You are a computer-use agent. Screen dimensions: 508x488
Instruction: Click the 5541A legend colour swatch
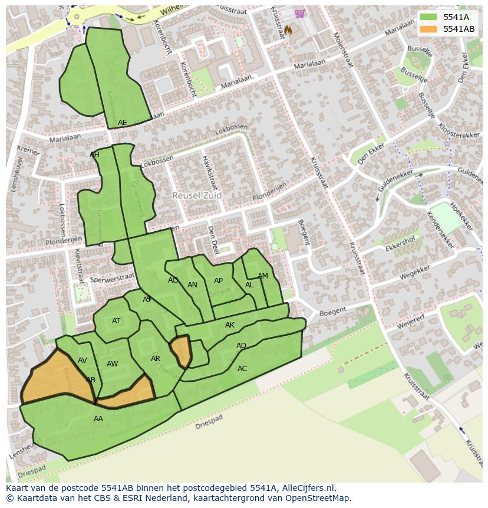pyautogui.click(x=429, y=18)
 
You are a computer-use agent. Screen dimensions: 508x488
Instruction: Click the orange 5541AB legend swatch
pyautogui.click(x=429, y=29)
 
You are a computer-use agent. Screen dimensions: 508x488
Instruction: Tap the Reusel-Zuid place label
pyautogui.click(x=197, y=195)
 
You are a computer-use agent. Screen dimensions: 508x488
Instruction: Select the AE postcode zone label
pyautogui.click(x=122, y=123)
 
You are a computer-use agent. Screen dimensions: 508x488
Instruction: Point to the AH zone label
pyautogui.click(x=94, y=155)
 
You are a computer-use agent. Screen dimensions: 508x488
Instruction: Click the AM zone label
pyautogui.click(x=263, y=276)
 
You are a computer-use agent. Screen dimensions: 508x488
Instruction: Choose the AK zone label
pyautogui.click(x=230, y=325)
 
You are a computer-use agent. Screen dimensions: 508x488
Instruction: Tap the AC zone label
pyautogui.click(x=242, y=368)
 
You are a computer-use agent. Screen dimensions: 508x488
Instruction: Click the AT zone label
pyautogui.click(x=116, y=321)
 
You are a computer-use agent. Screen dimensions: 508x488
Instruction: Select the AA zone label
pyautogui.click(x=98, y=419)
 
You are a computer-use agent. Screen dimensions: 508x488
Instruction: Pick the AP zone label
pyautogui.click(x=218, y=281)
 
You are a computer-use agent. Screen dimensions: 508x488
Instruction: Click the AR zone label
pyautogui.click(x=156, y=359)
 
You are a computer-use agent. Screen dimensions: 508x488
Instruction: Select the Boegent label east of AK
pyautogui.click(x=332, y=312)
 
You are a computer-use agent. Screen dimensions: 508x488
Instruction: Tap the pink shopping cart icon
pyautogui.click(x=300, y=14)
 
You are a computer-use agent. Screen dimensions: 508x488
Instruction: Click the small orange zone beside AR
pyautogui.click(x=182, y=351)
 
